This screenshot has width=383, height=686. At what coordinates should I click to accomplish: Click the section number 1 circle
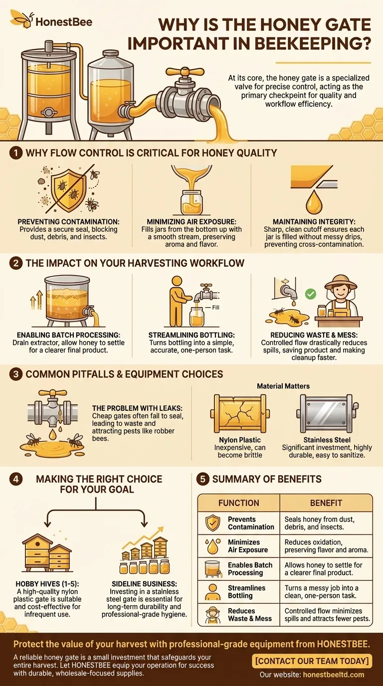[x=14, y=153]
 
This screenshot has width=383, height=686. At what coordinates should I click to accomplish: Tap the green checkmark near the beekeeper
[x=311, y=294]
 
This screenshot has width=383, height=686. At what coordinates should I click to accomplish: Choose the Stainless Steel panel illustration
[x=328, y=414]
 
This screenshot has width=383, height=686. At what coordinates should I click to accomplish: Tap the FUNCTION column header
[x=239, y=503]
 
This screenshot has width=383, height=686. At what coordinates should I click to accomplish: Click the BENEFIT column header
[x=326, y=503]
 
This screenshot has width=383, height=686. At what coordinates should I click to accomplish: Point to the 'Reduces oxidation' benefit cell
[x=326, y=546]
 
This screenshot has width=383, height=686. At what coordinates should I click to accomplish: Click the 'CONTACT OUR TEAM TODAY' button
[x=312, y=661]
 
